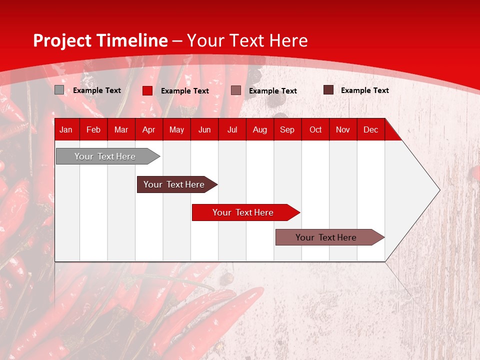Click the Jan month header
tap(66, 130)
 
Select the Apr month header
tap(148, 130)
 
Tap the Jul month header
tap(232, 130)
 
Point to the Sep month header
tap(287, 130)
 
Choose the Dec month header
tap(370, 130)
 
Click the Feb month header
tap(93, 130)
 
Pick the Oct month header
tap(315, 130)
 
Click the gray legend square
tap(59, 90)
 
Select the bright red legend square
tap(147, 90)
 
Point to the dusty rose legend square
tap(236, 90)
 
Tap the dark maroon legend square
tap(328, 90)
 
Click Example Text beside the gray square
tap(97, 90)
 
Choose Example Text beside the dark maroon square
tap(365, 90)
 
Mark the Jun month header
tap(204, 130)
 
